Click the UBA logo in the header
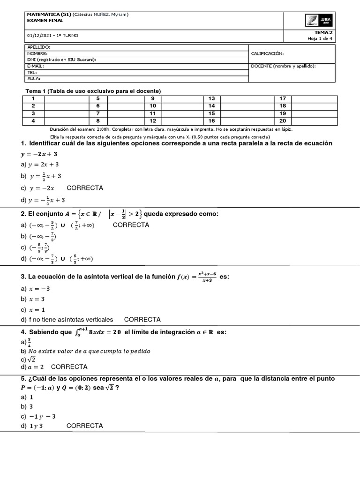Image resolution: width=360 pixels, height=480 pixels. coord(318,21)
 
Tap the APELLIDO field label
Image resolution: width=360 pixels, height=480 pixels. coord(38,47)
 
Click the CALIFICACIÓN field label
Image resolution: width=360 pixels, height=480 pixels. coord(267,53)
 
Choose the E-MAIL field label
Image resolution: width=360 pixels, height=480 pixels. coord(36,66)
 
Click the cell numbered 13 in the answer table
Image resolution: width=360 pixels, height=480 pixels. coord(211,98)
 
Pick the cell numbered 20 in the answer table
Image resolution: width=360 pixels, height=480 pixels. coord(283,120)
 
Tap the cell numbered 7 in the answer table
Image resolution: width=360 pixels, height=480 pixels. coord(98,113)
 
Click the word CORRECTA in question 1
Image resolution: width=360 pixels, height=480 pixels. coord(85,188)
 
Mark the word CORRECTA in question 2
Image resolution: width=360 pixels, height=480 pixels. coord(131,225)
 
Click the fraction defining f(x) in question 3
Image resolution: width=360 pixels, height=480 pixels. coord(207,277)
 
